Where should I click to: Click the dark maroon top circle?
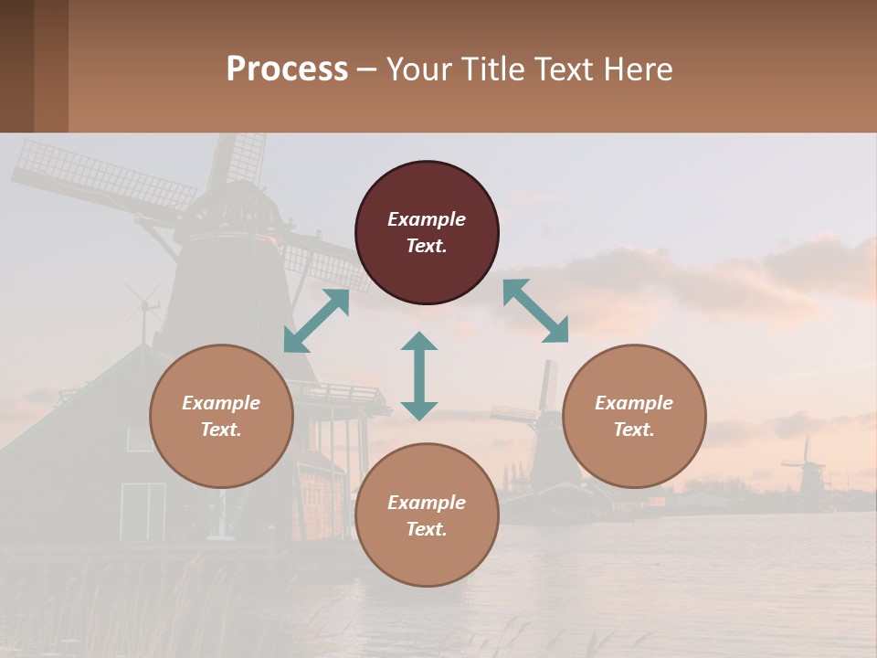(x=427, y=233)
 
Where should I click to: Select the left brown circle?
(x=221, y=416)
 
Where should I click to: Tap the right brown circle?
(x=634, y=416)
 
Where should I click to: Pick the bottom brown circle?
(x=427, y=515)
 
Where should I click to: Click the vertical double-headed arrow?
(x=419, y=376)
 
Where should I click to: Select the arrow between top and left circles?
(x=316, y=321)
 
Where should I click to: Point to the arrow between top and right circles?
(x=535, y=311)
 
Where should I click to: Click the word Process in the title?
(x=287, y=69)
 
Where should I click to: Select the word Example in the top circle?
(x=427, y=219)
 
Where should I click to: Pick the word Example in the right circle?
(x=634, y=403)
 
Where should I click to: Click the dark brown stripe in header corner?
(x=16, y=66)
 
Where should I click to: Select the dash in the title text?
(x=366, y=70)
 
